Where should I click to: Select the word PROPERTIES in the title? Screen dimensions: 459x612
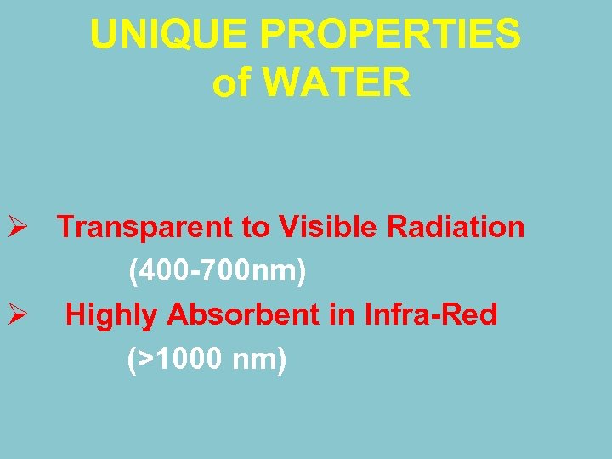[x=390, y=35]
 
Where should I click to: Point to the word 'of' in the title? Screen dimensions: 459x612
[x=232, y=83]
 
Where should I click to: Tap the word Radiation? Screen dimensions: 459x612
[x=456, y=228]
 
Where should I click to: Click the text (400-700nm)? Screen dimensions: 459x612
[x=217, y=272]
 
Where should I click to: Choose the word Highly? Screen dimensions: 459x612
[x=112, y=316]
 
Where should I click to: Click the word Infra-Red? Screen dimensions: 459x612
[x=430, y=316]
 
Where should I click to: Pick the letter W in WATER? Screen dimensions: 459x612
[x=286, y=83]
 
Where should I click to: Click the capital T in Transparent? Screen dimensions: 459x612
[x=66, y=228]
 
